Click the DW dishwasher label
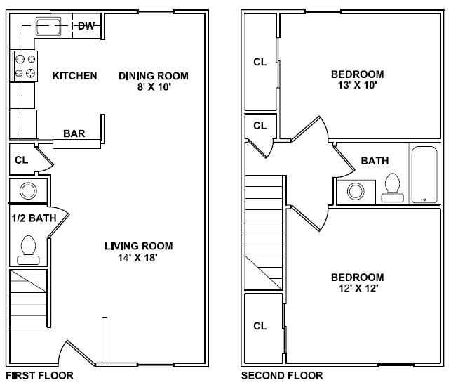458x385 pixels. click(86, 27)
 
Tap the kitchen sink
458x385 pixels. click(50, 27)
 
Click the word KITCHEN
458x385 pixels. click(74, 76)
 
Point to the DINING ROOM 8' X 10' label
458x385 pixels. click(154, 81)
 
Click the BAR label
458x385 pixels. click(74, 133)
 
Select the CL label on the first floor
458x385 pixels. click(22, 159)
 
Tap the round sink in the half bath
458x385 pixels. click(29, 190)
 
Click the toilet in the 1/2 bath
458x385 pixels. click(29, 249)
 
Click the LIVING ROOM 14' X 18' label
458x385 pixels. click(138, 252)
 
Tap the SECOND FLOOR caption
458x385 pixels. click(282, 376)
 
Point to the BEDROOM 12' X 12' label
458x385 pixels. click(357, 282)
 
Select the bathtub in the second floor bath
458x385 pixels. click(424, 175)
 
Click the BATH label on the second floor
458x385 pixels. click(375, 161)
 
